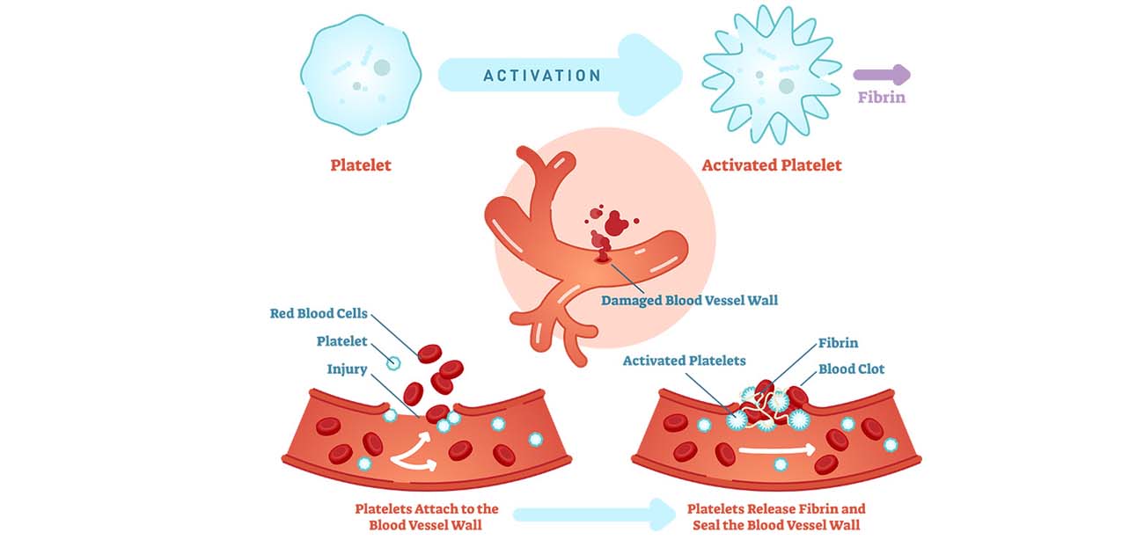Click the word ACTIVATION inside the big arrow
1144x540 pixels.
pos(542,76)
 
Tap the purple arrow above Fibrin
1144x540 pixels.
pos(882,76)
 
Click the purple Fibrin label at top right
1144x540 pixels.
pos(882,97)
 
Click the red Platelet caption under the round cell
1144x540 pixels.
pos(361,165)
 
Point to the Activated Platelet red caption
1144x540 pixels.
pos(771,165)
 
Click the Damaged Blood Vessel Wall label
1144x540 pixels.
pos(689,301)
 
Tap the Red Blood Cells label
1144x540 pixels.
pos(319,313)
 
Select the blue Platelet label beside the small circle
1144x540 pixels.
pos(341,341)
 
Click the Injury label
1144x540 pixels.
pos(347,369)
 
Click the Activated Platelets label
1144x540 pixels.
pos(684,361)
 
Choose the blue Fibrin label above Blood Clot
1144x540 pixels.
pos(838,343)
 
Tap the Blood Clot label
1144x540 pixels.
pos(851,369)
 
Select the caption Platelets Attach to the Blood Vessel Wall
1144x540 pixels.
pos(427,516)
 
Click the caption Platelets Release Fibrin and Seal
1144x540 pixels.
pos(775,516)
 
